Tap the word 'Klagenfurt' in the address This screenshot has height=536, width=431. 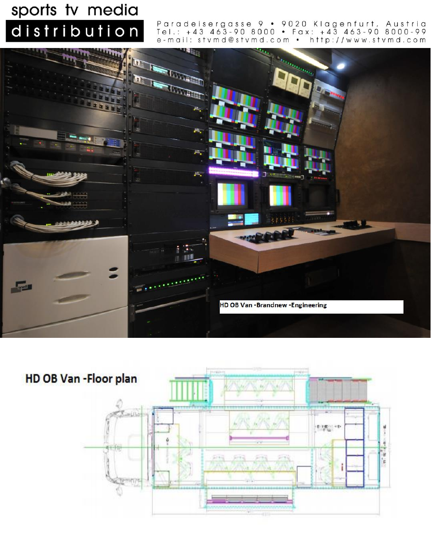tap(347, 24)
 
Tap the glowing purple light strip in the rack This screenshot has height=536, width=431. tap(233, 172)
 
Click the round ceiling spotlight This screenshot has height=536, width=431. tap(340, 66)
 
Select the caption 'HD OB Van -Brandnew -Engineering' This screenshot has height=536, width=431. tap(273, 305)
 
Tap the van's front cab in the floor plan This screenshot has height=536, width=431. tap(124, 447)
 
